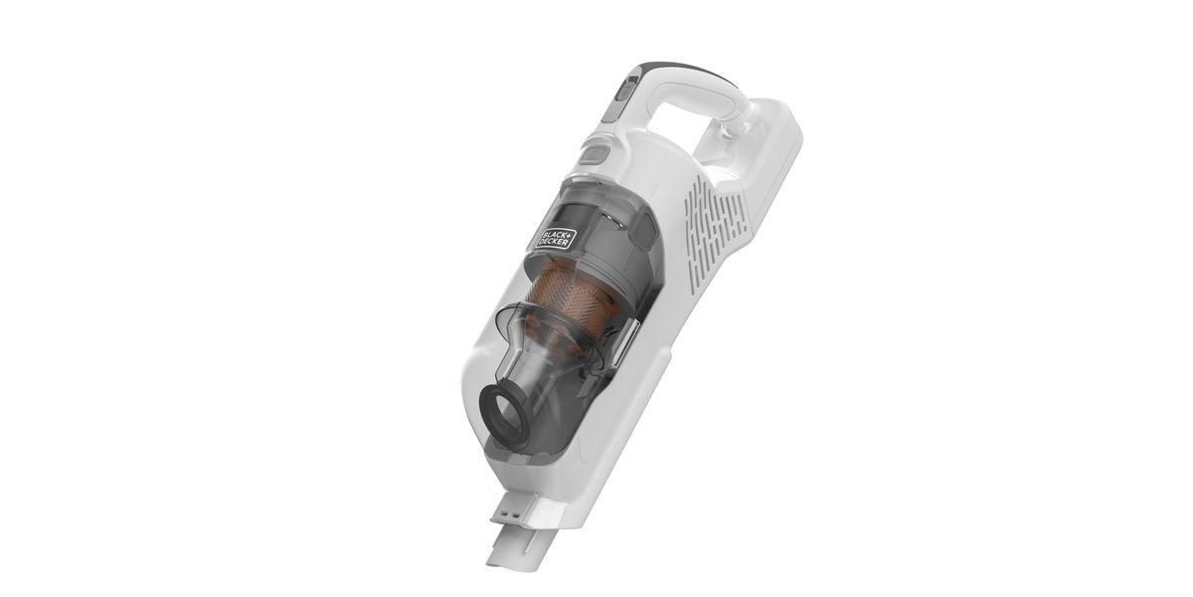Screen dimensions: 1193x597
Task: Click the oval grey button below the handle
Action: pos(594,154)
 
